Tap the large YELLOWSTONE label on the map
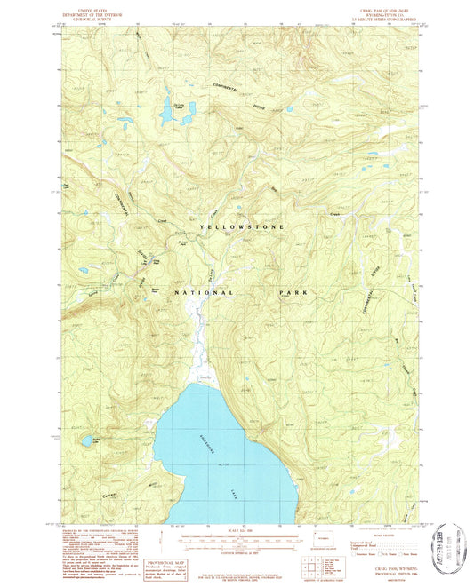coord(243,228)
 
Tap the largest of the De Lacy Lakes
coord(166,114)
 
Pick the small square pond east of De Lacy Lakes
coord(289,110)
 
